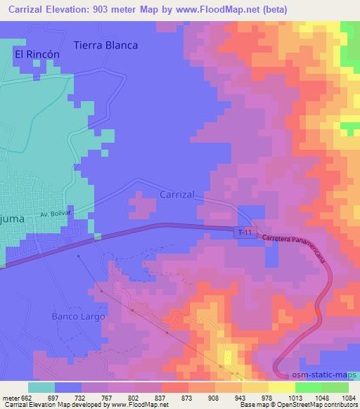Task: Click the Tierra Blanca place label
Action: (109, 44)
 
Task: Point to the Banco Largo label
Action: (78, 316)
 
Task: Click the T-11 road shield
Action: (244, 233)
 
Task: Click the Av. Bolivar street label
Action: (57, 214)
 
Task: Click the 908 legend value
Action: (203, 398)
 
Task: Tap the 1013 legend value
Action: (276, 398)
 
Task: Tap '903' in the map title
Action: (103, 9)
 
